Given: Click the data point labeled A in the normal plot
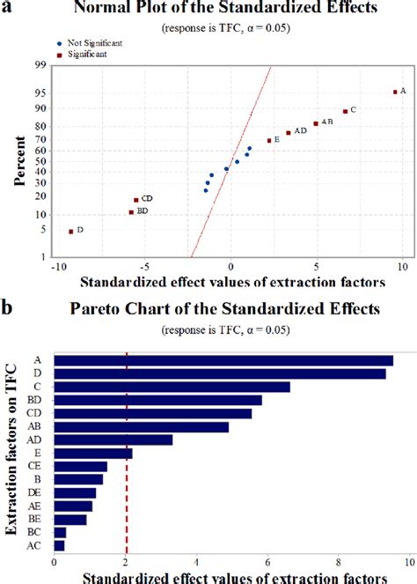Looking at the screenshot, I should [395, 92].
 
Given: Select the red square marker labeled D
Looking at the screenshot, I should [71, 231].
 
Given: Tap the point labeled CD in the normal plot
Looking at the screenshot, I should [135, 200].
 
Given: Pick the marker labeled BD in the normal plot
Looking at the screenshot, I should [131, 212].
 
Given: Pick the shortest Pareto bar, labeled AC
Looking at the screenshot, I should [59, 545].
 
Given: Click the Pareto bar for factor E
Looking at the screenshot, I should [93, 453].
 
